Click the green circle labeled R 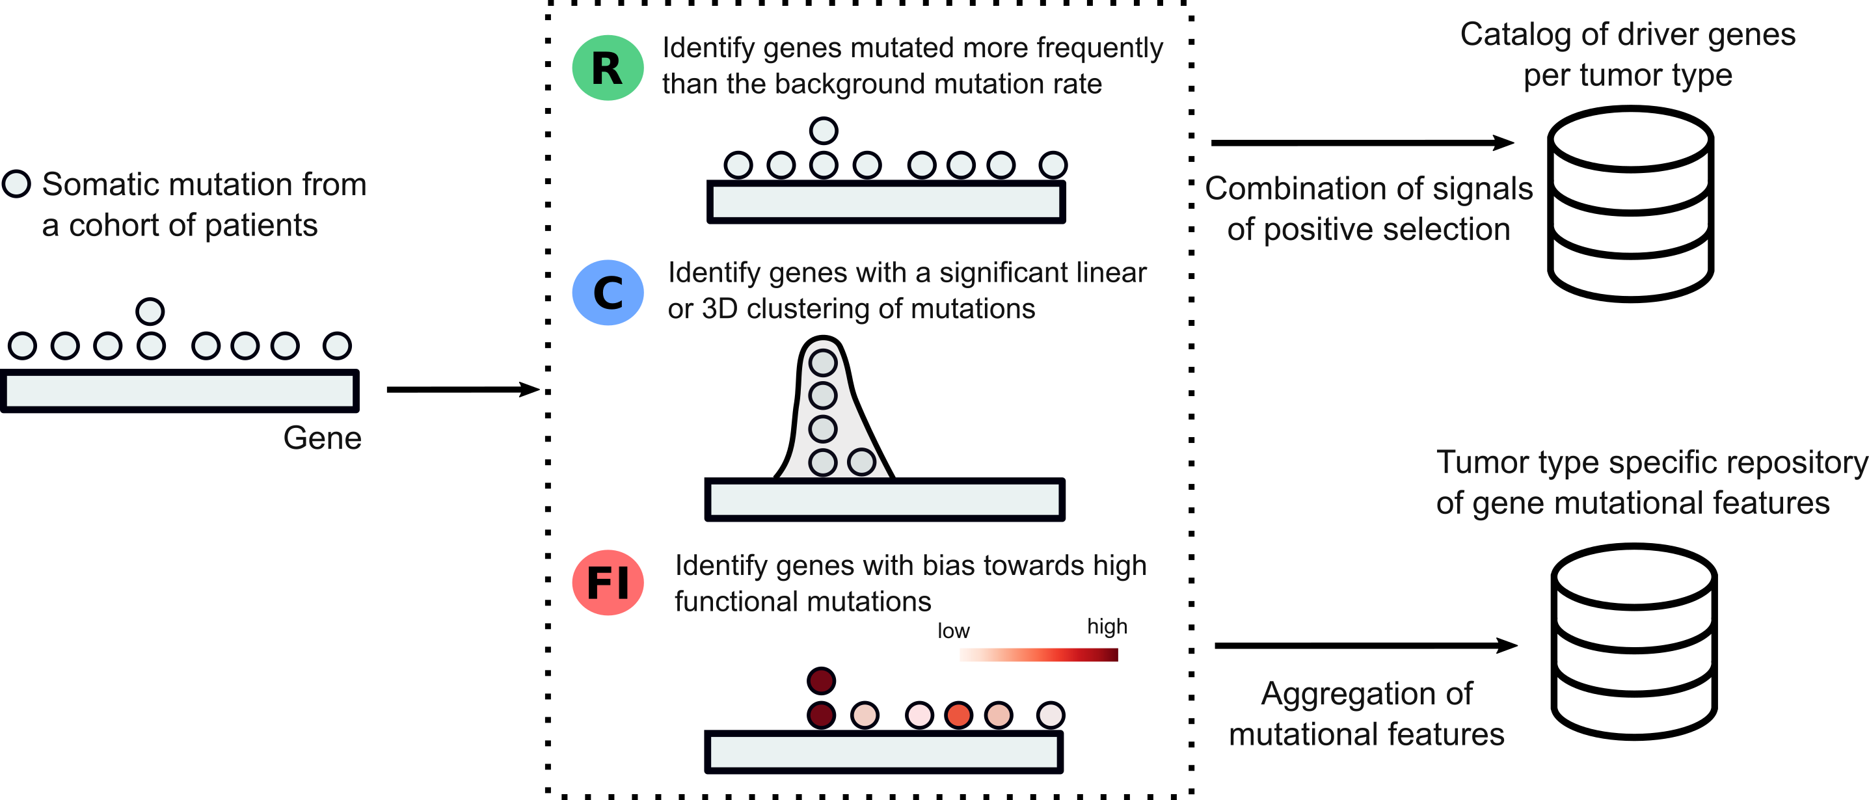[608, 68]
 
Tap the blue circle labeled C [608, 292]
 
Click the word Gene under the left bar [322, 438]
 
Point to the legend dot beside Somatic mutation [17, 184]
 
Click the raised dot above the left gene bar [150, 311]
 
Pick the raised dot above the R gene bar [824, 131]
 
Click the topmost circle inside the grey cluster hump [823, 363]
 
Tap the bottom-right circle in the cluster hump [861, 461]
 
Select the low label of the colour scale [953, 631]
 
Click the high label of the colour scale [1107, 626]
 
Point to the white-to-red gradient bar [1038, 655]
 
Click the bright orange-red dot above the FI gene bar [958, 715]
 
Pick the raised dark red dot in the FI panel [822, 680]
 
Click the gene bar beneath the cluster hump [885, 499]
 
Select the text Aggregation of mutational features [1366, 713]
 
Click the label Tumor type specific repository [1650, 462]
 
